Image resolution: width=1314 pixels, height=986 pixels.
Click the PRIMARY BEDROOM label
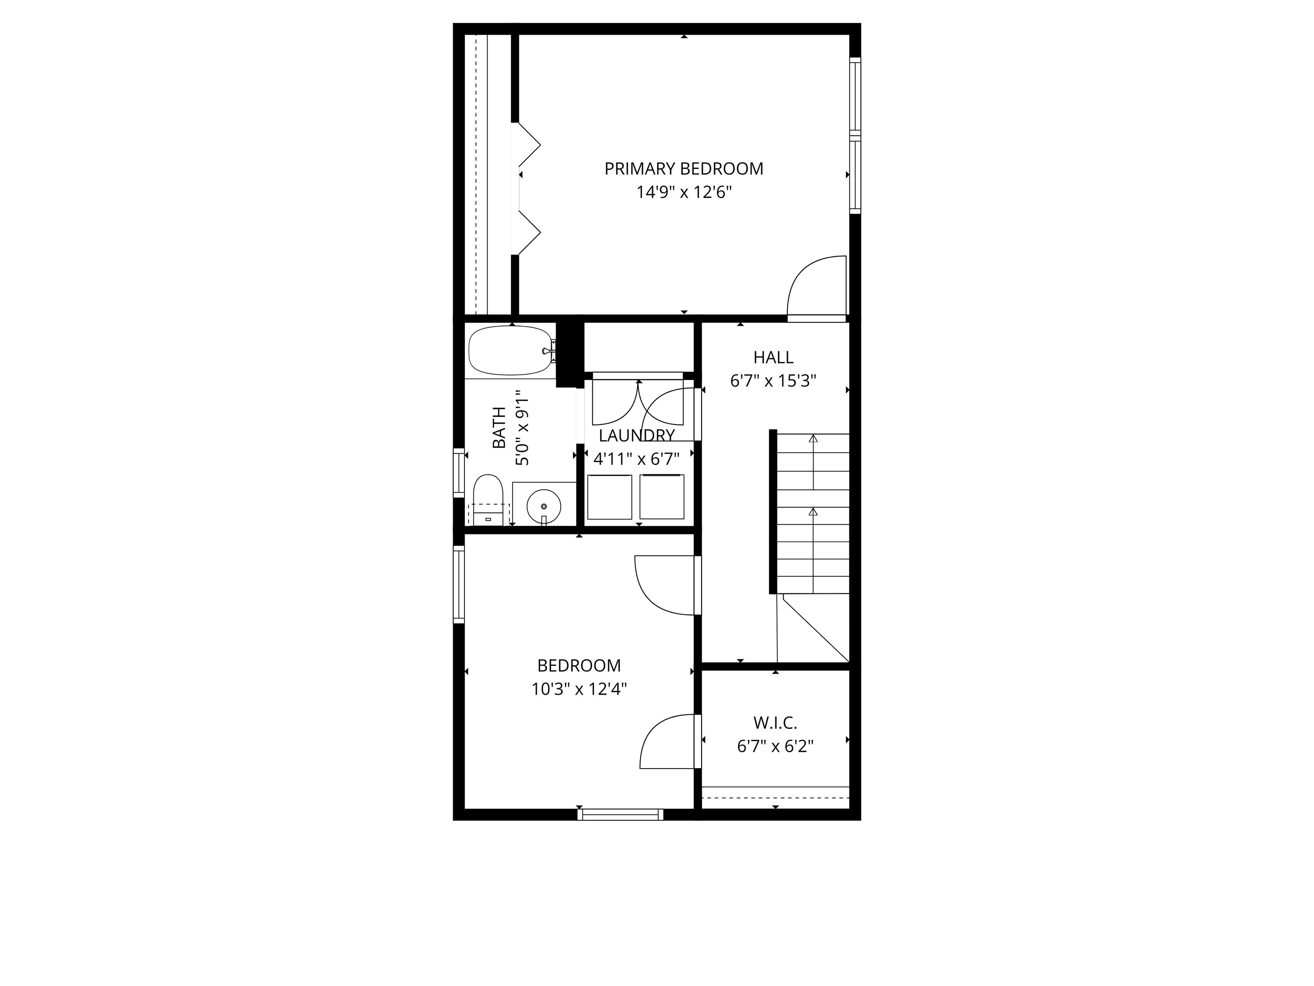[684, 169]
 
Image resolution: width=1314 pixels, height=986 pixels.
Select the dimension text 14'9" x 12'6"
[684, 193]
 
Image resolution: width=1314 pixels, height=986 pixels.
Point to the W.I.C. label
[775, 723]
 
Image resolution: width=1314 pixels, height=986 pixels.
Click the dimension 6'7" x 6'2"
[775, 746]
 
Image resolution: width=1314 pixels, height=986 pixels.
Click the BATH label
[499, 428]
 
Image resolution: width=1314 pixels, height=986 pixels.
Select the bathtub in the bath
[510, 350]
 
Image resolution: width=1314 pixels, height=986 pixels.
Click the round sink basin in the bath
[544, 506]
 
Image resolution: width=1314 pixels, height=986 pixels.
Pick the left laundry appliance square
[610, 497]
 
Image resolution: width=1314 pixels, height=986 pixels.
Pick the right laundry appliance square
[661, 496]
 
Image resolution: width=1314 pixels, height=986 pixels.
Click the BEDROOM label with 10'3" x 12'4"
[579, 665]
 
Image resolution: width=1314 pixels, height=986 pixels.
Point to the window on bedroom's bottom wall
[620, 814]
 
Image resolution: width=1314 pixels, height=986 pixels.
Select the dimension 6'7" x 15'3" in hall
[773, 381]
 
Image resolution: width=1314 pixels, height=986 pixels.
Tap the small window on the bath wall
[459, 472]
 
